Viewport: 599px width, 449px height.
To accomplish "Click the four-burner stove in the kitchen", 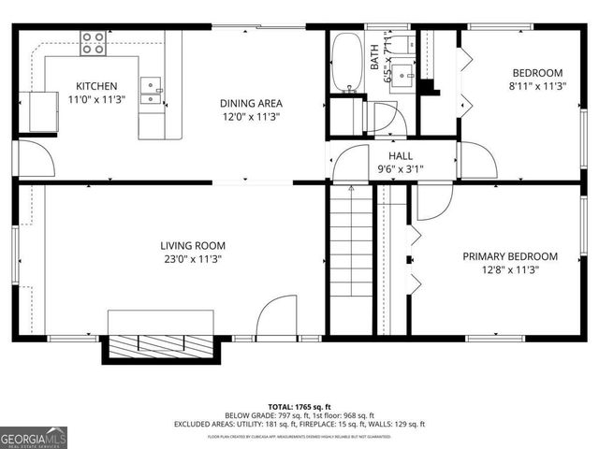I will click(x=93, y=40).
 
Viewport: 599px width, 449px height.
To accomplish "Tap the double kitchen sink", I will click(x=151, y=90).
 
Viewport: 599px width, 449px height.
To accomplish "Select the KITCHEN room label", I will click(x=96, y=87).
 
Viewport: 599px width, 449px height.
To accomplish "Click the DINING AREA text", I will click(x=251, y=103).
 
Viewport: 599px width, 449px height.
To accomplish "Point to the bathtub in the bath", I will click(x=348, y=62).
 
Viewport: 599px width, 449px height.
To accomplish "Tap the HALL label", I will click(x=401, y=156).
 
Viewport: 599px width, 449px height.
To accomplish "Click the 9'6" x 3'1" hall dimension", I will click(x=401, y=169).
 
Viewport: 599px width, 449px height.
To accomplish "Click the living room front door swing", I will click(x=276, y=318).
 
